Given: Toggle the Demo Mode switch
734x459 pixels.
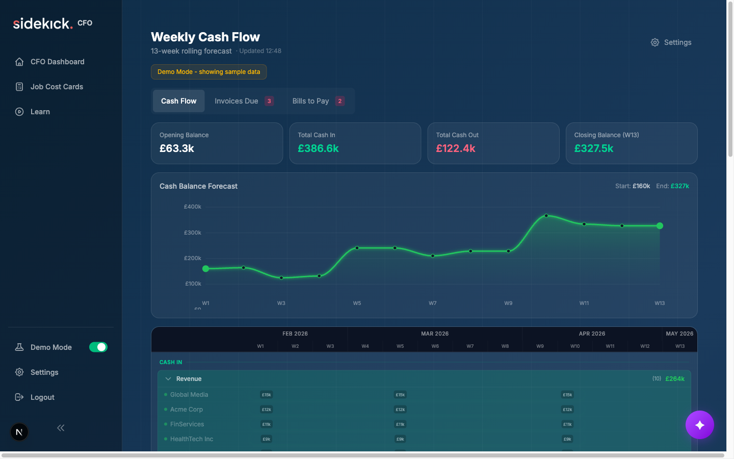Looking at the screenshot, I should tap(98, 347).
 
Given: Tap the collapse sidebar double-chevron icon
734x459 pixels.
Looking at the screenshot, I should tap(61, 428).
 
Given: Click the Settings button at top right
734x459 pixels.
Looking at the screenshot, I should tap(671, 42).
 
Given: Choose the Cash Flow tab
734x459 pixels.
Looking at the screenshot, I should tap(178, 101).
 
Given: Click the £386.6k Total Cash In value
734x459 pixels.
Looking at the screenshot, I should tap(318, 148).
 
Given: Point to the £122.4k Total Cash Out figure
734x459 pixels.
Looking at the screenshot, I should tap(455, 148).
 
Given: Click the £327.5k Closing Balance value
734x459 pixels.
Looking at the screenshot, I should tap(593, 148).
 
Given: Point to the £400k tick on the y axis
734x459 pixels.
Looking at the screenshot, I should tap(193, 207).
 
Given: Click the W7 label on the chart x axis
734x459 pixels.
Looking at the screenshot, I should tap(432, 303).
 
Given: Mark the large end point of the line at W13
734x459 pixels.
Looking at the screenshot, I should tap(660, 226).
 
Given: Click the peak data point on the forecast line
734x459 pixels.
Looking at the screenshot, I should tap(546, 216).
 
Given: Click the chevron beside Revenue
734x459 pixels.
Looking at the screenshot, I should tap(168, 379).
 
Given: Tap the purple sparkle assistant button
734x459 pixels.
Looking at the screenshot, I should tap(699, 425).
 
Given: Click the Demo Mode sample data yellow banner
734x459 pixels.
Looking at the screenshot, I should tap(208, 72).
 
